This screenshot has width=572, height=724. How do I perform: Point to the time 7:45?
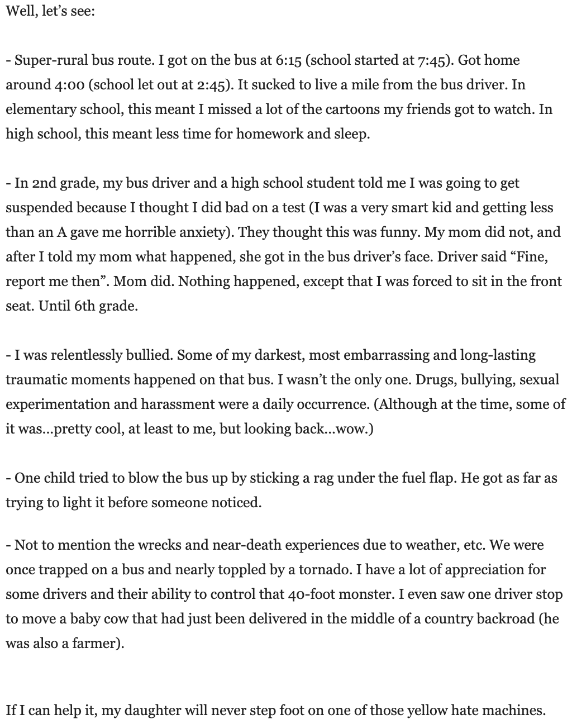tap(428, 60)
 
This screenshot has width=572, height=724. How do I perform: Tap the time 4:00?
tap(69, 85)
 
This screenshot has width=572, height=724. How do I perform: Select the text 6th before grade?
tap(84, 306)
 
